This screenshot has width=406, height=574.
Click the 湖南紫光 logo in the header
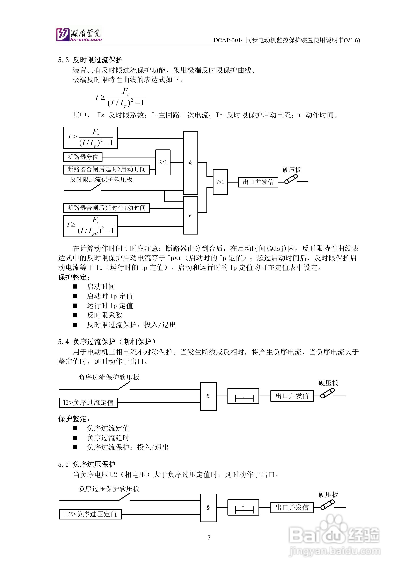click(x=79, y=34)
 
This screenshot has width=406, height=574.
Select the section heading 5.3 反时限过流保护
click(x=90, y=60)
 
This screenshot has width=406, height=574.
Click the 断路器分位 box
click(x=83, y=157)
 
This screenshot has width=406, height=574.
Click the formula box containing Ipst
click(x=90, y=226)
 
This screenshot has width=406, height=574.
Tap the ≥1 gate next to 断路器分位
click(x=163, y=162)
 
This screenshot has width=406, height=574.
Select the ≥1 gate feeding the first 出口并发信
click(x=220, y=182)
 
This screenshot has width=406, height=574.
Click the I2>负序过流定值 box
click(x=88, y=403)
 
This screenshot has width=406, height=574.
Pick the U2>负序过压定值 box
click(x=90, y=514)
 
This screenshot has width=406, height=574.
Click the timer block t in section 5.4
click(x=243, y=396)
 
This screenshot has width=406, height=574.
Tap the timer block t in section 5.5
click(x=243, y=508)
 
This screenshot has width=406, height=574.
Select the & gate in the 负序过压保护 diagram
click(x=208, y=508)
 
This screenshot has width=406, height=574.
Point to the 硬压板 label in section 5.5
click(x=328, y=495)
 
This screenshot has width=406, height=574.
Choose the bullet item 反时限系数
click(x=104, y=315)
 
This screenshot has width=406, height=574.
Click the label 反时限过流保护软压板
click(x=101, y=179)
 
